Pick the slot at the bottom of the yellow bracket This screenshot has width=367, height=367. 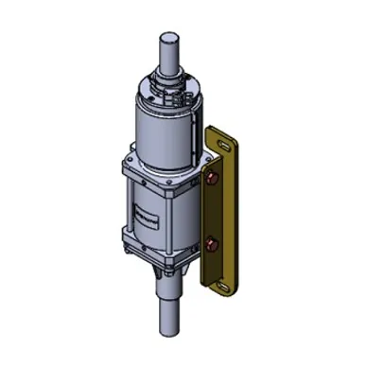click(x=225, y=283)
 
